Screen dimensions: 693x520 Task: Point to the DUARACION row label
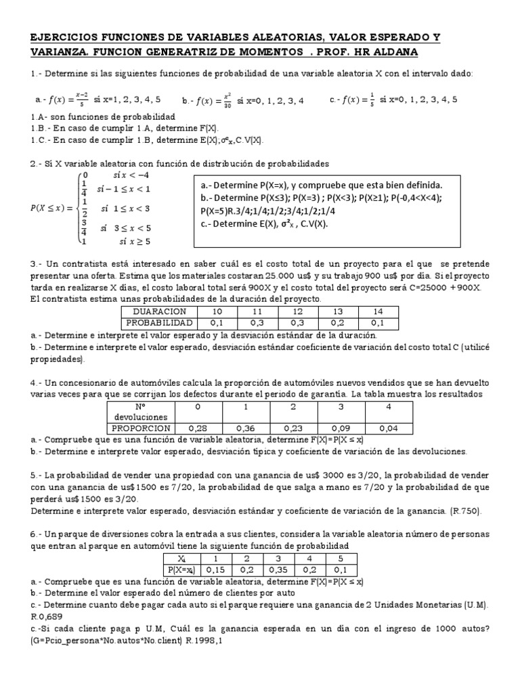click(x=157, y=311)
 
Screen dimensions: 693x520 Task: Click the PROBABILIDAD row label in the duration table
click(x=157, y=323)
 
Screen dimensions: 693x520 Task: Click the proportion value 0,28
click(x=198, y=428)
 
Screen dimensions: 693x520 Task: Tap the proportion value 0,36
click(x=245, y=428)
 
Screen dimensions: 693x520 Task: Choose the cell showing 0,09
click(x=340, y=428)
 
